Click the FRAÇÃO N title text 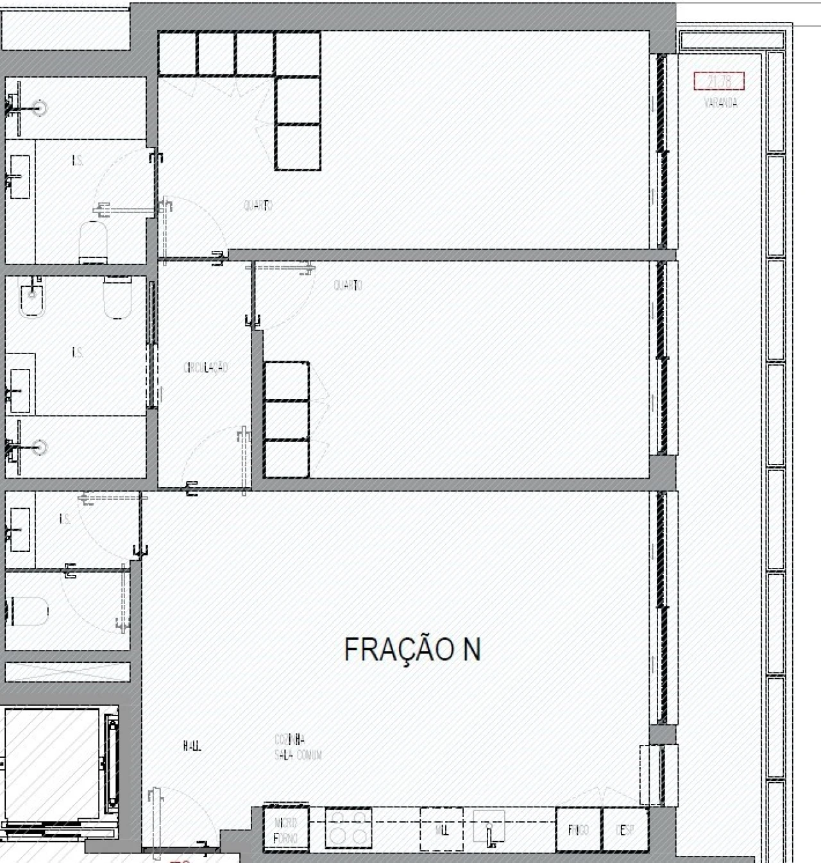[412, 649]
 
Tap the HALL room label [192, 746]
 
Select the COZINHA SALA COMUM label [298, 748]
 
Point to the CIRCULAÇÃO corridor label [205, 368]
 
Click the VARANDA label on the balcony [720, 103]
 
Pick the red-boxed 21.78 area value [719, 81]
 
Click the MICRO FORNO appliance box [285, 830]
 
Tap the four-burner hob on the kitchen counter [348, 828]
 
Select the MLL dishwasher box [441, 830]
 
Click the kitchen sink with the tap [489, 828]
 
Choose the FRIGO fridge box [578, 830]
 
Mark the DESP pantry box [625, 830]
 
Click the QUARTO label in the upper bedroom [258, 205]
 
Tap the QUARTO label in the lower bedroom [348, 285]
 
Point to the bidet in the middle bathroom [31, 299]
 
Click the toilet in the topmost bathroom [94, 242]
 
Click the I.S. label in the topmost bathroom [78, 161]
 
